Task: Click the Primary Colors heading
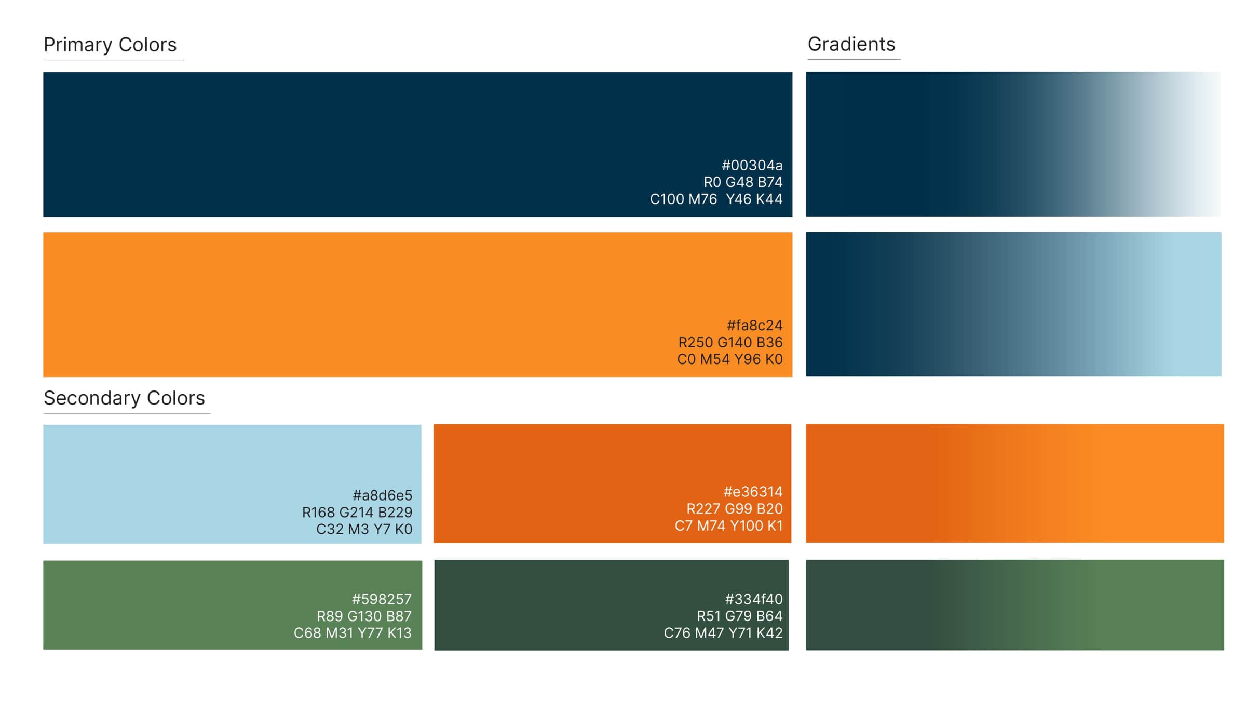110,45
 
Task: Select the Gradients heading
851,45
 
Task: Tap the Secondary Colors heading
124,398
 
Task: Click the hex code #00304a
752,166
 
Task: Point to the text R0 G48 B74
742,182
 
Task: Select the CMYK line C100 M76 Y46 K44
716,199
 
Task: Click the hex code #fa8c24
754,326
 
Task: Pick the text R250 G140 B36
730,343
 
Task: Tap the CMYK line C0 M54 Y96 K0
729,359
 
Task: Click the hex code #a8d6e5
382,495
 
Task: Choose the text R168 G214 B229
357,513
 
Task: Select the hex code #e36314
753,492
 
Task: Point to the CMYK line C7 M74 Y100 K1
728,526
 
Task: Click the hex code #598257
382,599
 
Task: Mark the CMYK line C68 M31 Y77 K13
353,633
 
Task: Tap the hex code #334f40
753,599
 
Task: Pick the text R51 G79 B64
739,616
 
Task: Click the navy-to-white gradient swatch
1013,144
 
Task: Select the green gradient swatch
1014,605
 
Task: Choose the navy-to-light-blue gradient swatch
1013,304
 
